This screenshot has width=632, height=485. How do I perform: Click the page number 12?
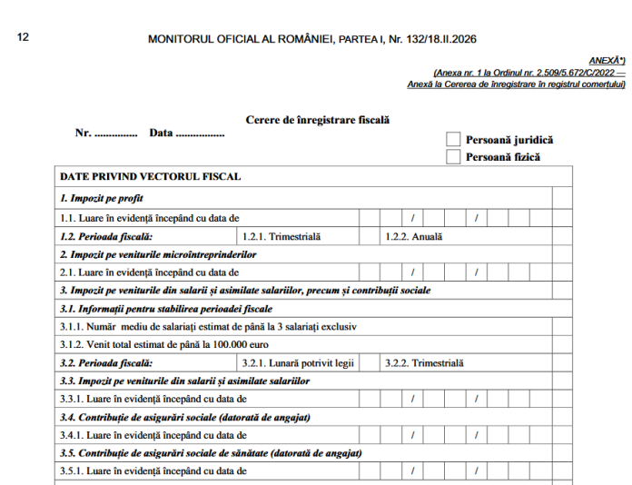(24, 37)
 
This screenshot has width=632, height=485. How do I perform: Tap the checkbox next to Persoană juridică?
(453, 139)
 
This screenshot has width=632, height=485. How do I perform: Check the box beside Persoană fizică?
(453, 156)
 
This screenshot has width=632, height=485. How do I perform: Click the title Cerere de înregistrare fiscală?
(317, 120)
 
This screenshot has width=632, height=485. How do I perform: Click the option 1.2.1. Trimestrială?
(282, 236)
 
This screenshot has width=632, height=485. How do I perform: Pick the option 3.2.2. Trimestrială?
(424, 362)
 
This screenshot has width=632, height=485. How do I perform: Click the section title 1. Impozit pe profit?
(102, 197)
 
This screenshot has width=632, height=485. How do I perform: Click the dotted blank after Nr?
(116, 134)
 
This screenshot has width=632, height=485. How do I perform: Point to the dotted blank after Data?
(200, 134)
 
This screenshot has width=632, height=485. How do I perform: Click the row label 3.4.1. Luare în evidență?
(150, 435)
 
